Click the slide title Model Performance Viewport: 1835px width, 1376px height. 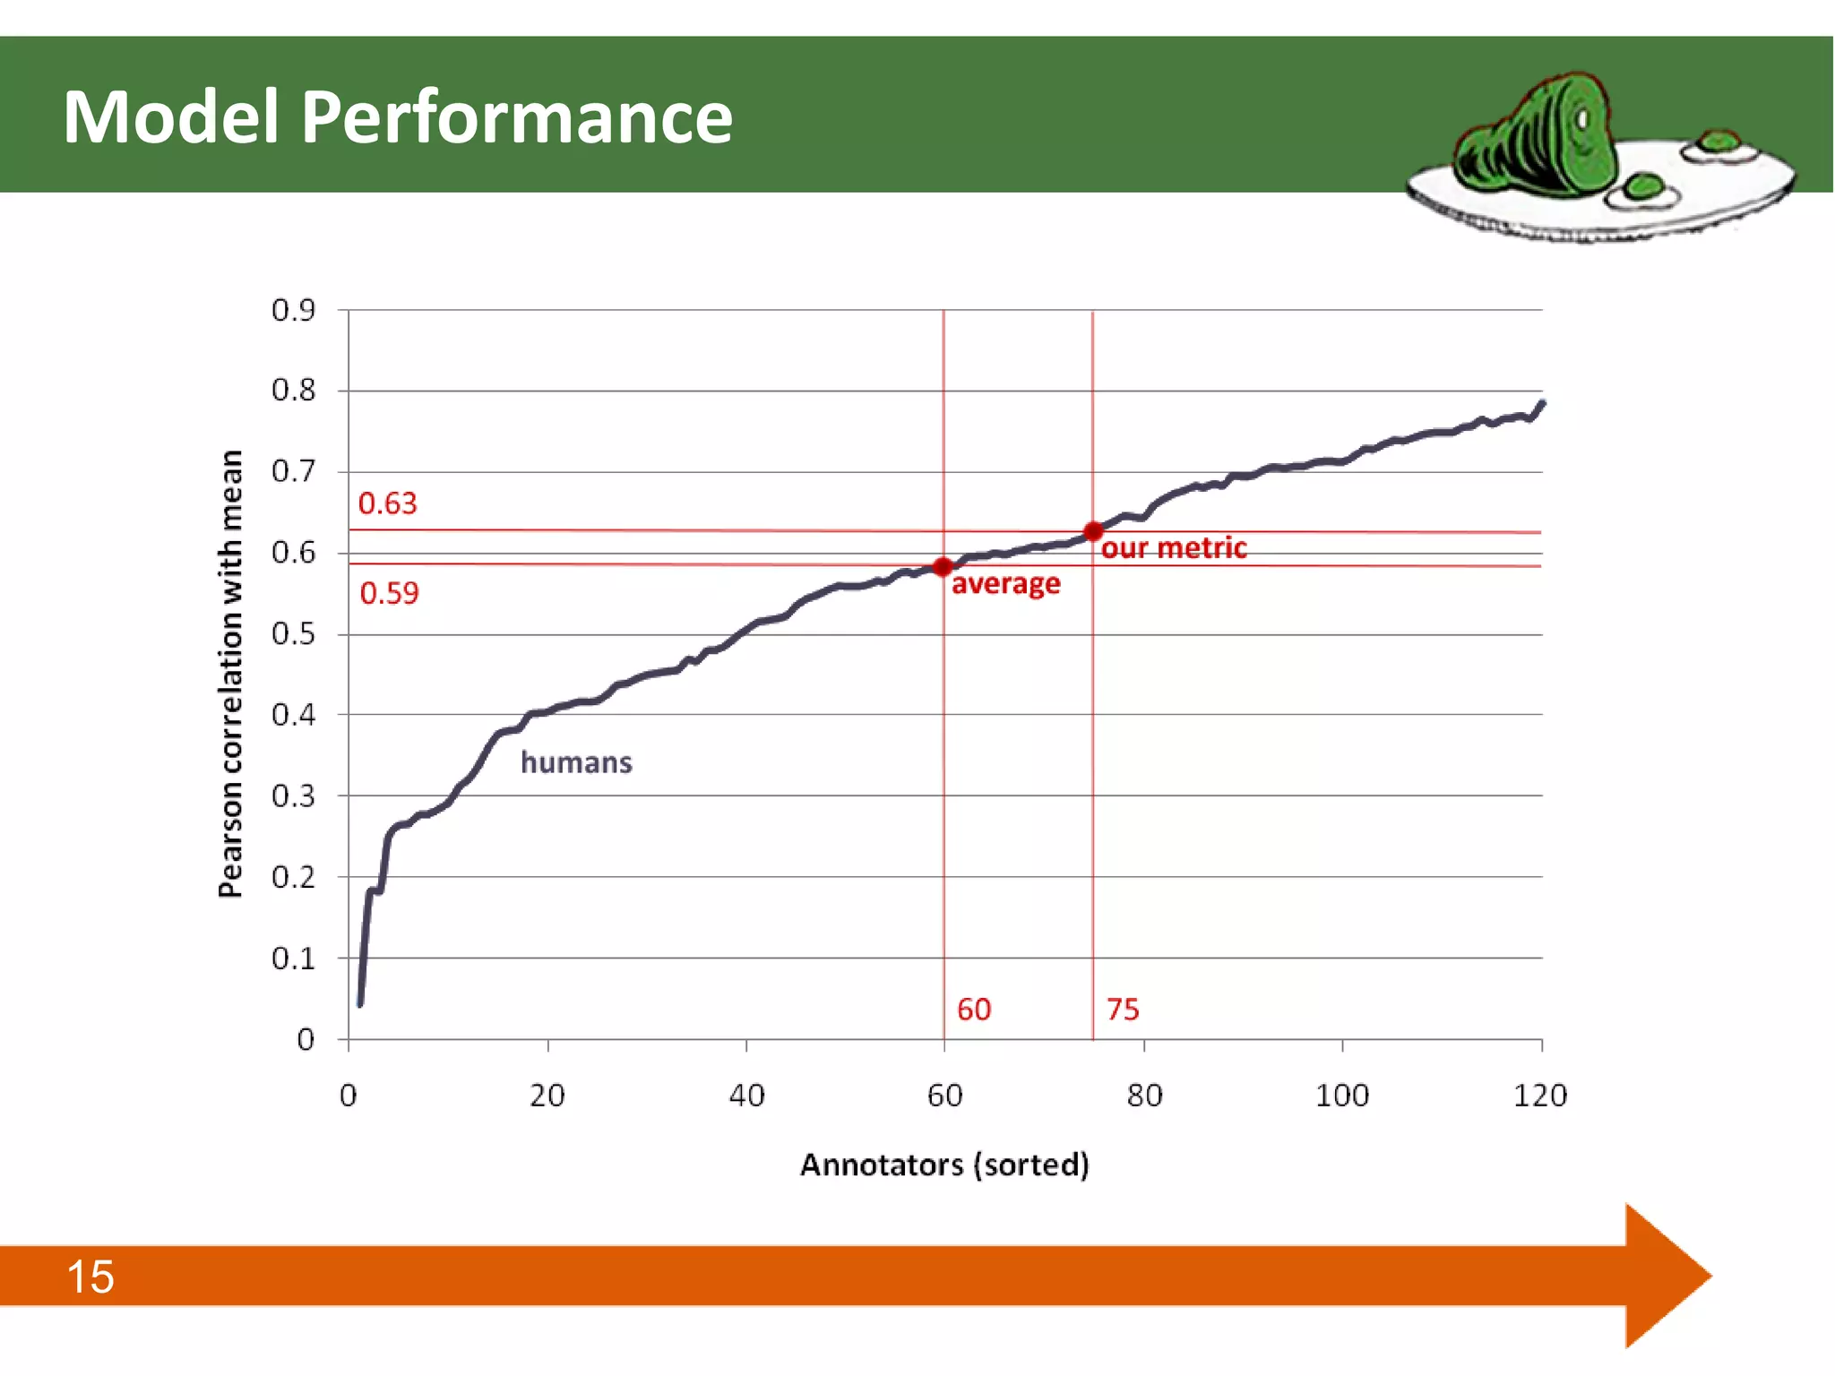(397, 117)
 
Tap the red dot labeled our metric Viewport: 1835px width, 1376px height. (1092, 531)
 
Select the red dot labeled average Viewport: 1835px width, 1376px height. (942, 566)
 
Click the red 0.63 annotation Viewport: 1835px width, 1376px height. (387, 503)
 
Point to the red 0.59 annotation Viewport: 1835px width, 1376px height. (389, 593)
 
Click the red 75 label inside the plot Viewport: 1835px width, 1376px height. (1122, 1010)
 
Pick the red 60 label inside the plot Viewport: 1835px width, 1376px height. (973, 1010)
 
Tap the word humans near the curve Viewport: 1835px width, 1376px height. (576, 762)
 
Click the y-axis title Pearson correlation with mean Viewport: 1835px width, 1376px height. (230, 674)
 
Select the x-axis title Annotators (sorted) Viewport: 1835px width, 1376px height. (944, 1165)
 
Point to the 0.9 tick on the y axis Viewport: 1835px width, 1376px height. (294, 310)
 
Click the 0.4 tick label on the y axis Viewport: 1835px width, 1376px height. (294, 715)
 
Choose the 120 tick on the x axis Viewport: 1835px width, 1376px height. (1539, 1096)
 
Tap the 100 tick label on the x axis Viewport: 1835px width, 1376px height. (1341, 1096)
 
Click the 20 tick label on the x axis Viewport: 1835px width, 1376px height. (547, 1096)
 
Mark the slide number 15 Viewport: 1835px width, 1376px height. (90, 1277)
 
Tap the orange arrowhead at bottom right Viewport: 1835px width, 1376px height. (1667, 1276)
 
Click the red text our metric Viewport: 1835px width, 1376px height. (1173, 548)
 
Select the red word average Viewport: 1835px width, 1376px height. (1005, 584)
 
